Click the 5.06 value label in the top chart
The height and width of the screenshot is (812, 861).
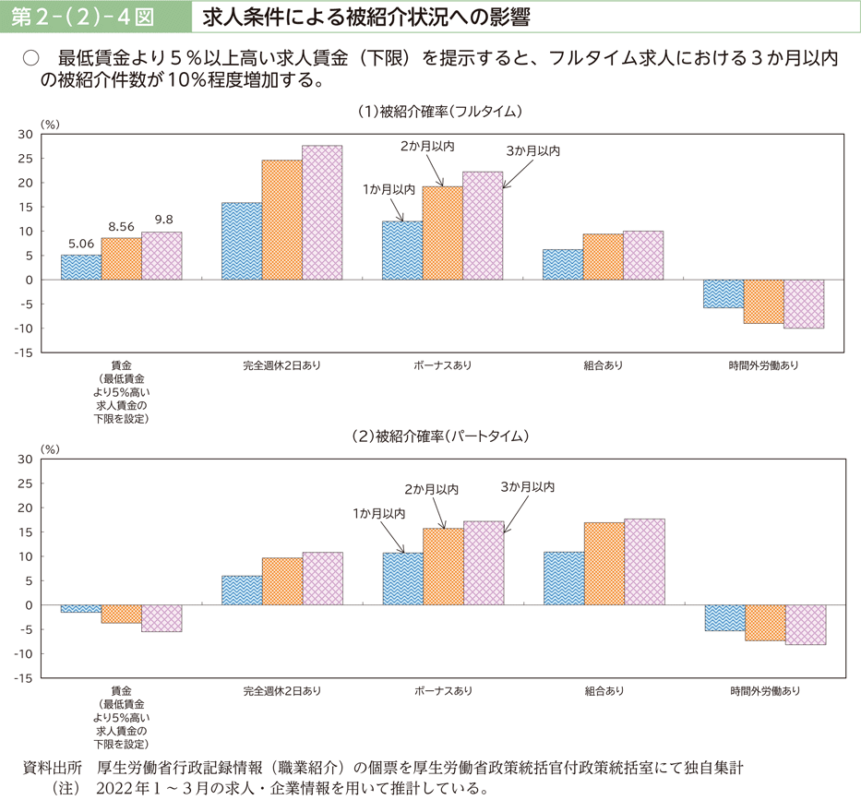[80, 245]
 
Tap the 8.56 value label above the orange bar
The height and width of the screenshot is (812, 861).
[122, 226]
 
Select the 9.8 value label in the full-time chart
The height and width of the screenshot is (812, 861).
[163, 220]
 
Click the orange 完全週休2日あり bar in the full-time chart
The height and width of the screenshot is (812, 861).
[282, 220]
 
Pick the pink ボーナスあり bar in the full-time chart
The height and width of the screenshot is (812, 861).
[483, 225]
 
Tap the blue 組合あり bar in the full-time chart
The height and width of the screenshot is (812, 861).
[563, 264]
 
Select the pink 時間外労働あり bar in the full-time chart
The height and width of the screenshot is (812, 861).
[804, 304]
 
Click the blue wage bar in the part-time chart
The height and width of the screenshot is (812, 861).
[81, 608]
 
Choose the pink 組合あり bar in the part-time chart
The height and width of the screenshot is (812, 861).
[644, 561]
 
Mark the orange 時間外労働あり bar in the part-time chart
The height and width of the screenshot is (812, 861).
[764, 622]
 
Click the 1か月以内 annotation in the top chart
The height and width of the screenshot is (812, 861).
[389, 189]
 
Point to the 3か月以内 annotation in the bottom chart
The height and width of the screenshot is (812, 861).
[528, 486]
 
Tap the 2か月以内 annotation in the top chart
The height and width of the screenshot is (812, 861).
[428, 146]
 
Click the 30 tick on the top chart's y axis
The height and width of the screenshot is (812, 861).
[25, 135]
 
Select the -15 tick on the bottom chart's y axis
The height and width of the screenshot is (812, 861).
[23, 678]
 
